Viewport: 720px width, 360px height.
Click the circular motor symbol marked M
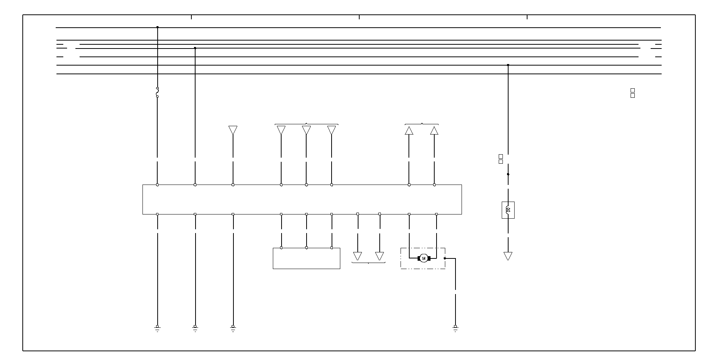pyautogui.click(x=424, y=258)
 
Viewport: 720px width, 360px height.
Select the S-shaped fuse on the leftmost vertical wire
pyautogui.click(x=157, y=92)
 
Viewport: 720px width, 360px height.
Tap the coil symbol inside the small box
pyautogui.click(x=508, y=210)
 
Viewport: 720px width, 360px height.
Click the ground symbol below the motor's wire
pyautogui.click(x=455, y=328)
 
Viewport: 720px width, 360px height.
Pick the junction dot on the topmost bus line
pyautogui.click(x=157, y=27)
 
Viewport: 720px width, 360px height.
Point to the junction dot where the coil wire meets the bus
pyautogui.click(x=508, y=65)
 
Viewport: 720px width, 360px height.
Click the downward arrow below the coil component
pyautogui.click(x=508, y=256)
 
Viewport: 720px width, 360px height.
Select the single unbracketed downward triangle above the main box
pyautogui.click(x=233, y=130)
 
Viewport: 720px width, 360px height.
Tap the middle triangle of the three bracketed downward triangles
pyautogui.click(x=306, y=130)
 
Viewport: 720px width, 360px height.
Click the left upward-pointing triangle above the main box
pyautogui.click(x=409, y=131)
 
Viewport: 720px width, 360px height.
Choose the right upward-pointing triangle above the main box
pyautogui.click(x=434, y=131)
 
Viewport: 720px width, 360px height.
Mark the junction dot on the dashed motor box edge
pyautogui.click(x=445, y=258)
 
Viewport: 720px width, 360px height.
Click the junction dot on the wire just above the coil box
pyautogui.click(x=508, y=174)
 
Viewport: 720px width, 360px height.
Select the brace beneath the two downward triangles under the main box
pyautogui.click(x=368, y=262)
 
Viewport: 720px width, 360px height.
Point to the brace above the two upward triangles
pyautogui.click(x=422, y=124)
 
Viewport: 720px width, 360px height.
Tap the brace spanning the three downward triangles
pyautogui.click(x=306, y=124)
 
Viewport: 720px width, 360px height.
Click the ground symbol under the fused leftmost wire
pyautogui.click(x=157, y=328)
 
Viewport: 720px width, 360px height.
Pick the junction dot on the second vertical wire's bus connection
pyautogui.click(x=195, y=48)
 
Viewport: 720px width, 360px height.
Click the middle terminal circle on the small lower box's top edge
pyautogui.click(x=306, y=248)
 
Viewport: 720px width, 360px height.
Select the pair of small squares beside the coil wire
pyautogui.click(x=501, y=159)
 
